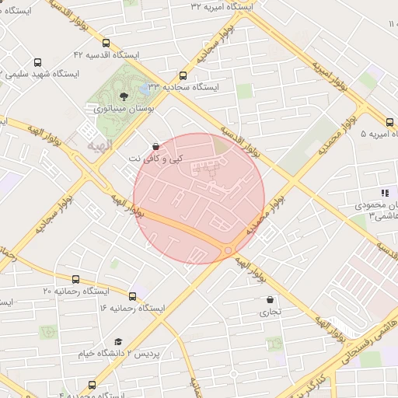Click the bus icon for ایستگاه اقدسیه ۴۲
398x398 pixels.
pos(106,44)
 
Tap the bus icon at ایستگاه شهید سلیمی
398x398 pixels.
pos(38,62)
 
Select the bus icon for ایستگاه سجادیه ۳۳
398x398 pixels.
pos(183,76)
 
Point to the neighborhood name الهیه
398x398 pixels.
pos(99,145)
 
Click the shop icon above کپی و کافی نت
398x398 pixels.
pos(156,146)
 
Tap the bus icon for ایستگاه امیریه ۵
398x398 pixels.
pos(389,121)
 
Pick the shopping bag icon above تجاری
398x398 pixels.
pos(271,299)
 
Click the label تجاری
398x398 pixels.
pos(271,312)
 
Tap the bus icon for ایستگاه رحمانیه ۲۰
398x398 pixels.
pos(75,279)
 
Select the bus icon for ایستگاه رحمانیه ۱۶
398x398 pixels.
pos(132,296)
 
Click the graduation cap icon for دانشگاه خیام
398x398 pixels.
pos(118,341)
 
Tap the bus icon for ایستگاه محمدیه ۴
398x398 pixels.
pos(93,385)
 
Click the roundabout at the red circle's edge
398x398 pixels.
pos(227,250)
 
